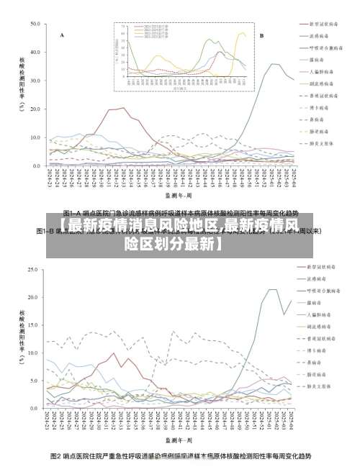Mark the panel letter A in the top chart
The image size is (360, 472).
pyautogui.click(x=62, y=35)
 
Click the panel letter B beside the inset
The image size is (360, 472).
pyautogui.click(x=261, y=35)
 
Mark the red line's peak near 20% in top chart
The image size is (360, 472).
pyautogui.click(x=122, y=108)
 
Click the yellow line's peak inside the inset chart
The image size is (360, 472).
pyautogui.click(x=241, y=33)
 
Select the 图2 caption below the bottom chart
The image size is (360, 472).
pyautogui.click(x=180, y=456)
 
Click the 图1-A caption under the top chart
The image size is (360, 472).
pyautogui.click(x=180, y=214)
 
